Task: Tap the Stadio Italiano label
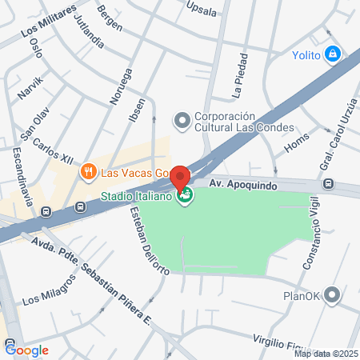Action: pyautogui.click(x=135, y=198)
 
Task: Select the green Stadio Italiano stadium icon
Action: pyautogui.click(x=186, y=198)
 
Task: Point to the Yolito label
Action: pyautogui.click(x=306, y=54)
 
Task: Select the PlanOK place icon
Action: pyautogui.click(x=334, y=295)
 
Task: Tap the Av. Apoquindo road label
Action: pyautogui.click(x=242, y=183)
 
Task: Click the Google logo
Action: pyautogui.click(x=27, y=350)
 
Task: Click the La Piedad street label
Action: pyautogui.click(x=241, y=77)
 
